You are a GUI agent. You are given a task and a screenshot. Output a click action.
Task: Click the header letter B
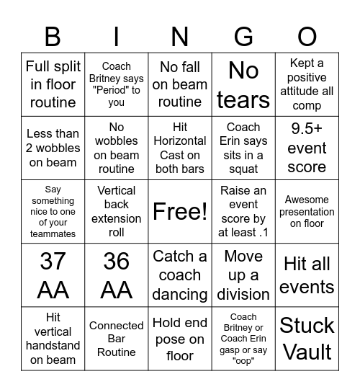53,35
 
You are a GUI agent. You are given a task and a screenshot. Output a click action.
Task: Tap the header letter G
243,35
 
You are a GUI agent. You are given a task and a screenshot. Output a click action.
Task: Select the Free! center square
180,212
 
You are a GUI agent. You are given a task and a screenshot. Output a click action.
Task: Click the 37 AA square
53,275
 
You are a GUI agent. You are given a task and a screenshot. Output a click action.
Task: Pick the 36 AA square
116,275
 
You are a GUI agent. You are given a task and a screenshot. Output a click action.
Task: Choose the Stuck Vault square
307,339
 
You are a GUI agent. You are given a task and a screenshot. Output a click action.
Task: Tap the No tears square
243,84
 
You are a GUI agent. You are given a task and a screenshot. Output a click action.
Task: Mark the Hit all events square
307,275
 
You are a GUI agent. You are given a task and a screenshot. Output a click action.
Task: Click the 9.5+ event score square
307,148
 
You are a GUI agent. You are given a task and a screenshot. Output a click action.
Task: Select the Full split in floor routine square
53,84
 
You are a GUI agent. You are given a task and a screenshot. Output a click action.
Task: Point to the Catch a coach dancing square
180,275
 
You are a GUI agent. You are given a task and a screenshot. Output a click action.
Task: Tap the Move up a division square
243,275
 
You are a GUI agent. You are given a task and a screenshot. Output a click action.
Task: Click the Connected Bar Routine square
116,339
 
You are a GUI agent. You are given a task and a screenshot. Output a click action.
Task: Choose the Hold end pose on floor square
180,339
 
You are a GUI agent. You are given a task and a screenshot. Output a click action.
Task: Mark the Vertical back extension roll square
116,212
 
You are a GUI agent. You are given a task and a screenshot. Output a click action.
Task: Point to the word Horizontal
180,141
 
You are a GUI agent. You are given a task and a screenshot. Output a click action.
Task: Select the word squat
243,169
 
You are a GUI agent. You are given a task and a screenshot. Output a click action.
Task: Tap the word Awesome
307,200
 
